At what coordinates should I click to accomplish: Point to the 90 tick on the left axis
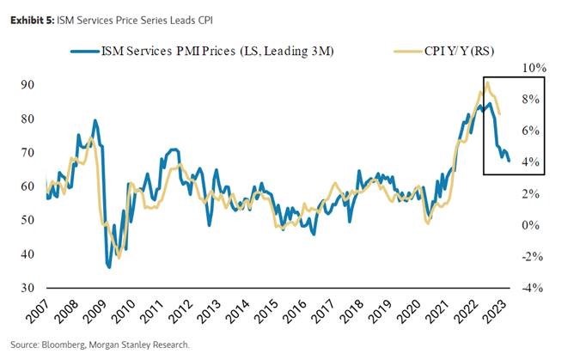[x=29, y=84]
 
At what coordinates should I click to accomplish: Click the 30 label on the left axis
[x=29, y=288]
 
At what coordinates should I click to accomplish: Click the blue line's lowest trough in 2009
[x=109, y=267]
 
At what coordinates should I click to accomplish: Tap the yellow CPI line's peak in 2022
[x=487, y=82]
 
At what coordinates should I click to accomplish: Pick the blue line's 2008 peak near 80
[x=95, y=120]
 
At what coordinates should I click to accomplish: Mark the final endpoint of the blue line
[x=508, y=161]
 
